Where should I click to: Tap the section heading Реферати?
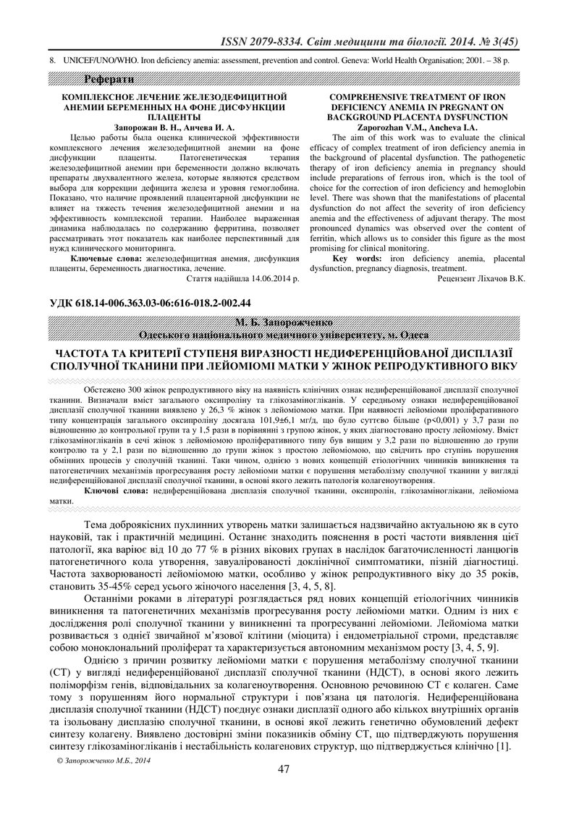click(x=109, y=78)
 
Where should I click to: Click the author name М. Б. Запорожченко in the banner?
click(x=288, y=322)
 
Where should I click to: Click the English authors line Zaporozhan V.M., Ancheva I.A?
click(x=415, y=126)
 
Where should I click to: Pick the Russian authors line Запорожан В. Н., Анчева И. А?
click(x=174, y=126)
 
